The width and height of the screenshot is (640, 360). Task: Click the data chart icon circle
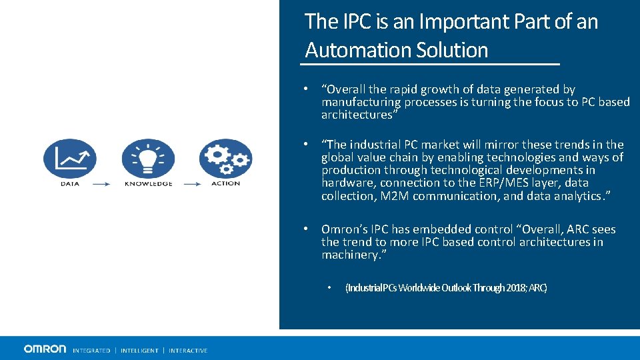69,158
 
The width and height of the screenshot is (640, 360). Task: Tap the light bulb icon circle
148,158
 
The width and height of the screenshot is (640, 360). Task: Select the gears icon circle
225,158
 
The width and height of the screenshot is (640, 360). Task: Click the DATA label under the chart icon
70,183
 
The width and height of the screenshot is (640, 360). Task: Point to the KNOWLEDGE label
148,183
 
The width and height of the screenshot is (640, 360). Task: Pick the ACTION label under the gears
225,183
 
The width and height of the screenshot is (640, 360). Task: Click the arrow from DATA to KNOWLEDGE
101,184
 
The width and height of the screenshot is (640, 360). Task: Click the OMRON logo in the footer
45,349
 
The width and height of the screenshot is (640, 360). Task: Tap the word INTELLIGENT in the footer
139,351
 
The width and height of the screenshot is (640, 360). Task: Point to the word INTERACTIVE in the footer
188,351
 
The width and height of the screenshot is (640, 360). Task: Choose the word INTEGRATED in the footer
91,351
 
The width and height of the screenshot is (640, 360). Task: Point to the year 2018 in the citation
515,288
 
